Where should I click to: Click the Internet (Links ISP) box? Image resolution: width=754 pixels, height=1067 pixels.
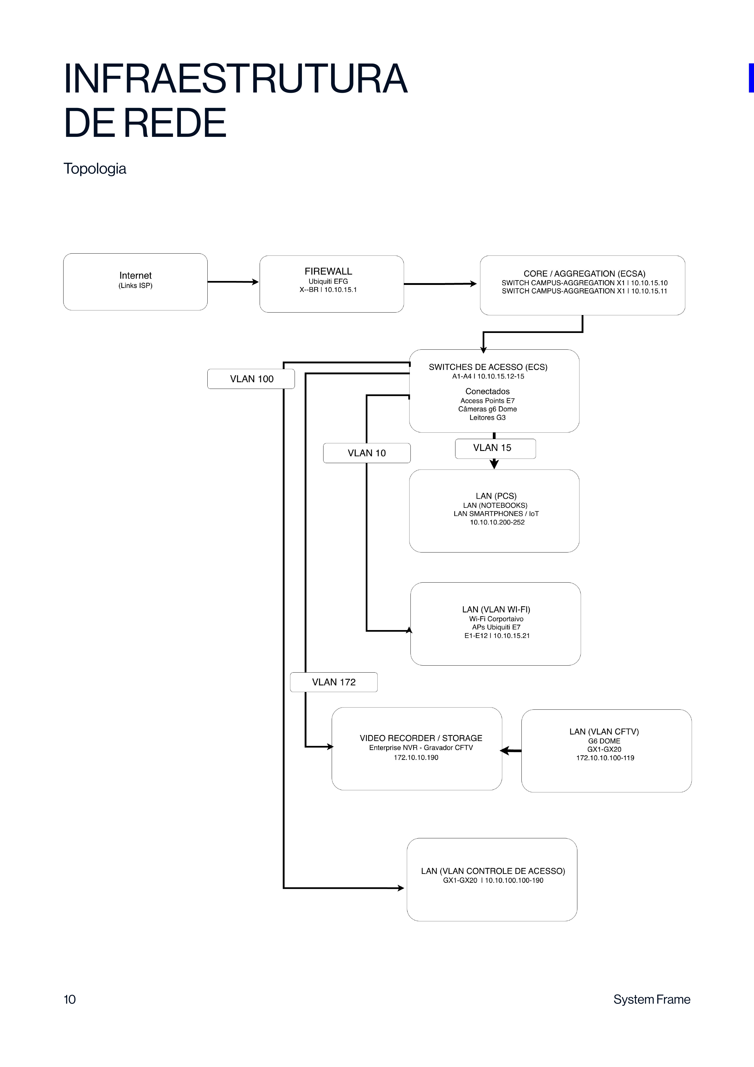(x=135, y=282)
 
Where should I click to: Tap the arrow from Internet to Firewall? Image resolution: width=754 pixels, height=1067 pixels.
(x=233, y=282)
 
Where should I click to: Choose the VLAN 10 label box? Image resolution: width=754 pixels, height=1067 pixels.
(x=367, y=453)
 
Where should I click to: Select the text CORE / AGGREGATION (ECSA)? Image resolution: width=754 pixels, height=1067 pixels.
(x=584, y=274)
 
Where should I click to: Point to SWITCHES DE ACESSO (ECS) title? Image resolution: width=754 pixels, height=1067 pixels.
(x=488, y=367)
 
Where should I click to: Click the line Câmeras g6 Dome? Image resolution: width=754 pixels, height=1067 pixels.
(x=487, y=409)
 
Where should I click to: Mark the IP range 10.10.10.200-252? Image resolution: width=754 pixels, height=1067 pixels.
(x=497, y=522)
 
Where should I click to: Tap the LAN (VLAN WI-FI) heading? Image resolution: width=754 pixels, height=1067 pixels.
(x=496, y=609)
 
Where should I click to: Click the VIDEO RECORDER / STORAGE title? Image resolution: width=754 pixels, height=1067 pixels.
(x=421, y=738)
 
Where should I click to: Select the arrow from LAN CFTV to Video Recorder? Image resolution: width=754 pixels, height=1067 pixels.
(x=510, y=750)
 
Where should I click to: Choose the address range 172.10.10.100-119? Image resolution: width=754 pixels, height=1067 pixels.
(x=605, y=758)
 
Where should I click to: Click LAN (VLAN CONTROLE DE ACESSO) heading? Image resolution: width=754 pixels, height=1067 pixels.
(x=493, y=871)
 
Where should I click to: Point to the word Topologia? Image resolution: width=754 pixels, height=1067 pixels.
(x=95, y=169)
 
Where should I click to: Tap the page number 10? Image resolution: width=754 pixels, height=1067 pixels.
(x=70, y=999)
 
